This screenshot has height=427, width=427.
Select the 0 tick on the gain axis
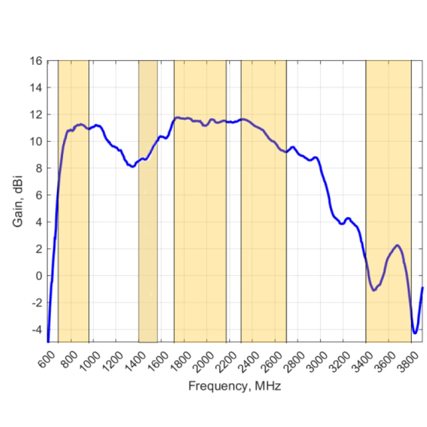(38, 276)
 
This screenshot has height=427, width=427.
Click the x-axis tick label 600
(47, 359)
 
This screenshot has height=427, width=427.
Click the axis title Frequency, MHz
(234, 386)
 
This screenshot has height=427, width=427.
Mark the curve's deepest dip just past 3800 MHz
(415, 333)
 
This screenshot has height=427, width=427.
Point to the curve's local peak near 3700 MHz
(397, 245)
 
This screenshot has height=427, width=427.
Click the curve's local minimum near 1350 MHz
(132, 167)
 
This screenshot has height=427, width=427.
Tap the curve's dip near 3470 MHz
(374, 290)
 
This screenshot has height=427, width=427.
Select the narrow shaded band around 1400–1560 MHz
(148, 233)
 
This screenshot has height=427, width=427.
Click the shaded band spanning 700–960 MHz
(73, 233)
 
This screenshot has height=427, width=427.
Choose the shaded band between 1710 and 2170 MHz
(200, 233)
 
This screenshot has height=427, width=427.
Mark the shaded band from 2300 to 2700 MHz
(264, 233)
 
